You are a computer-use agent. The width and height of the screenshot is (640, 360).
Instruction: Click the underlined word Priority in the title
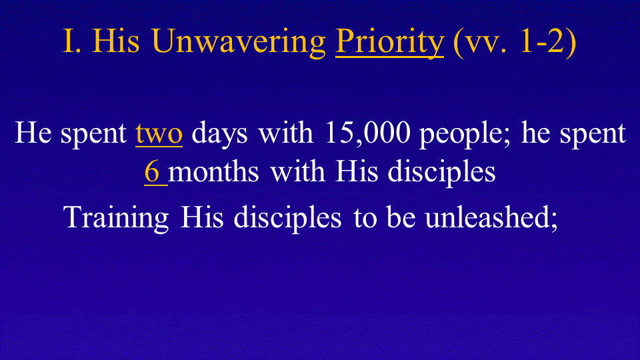389,43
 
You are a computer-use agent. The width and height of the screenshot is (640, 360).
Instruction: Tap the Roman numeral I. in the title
72,41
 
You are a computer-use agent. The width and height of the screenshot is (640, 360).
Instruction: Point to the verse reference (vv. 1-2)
514,42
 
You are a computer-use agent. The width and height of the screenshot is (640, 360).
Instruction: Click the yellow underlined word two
159,134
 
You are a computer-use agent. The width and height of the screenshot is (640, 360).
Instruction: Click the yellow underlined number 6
152,171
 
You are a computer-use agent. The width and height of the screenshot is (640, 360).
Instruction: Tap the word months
213,171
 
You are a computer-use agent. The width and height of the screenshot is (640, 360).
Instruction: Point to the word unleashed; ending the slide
491,217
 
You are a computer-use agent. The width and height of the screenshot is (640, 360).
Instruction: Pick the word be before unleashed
401,217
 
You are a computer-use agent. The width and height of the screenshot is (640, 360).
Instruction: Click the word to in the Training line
365,219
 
